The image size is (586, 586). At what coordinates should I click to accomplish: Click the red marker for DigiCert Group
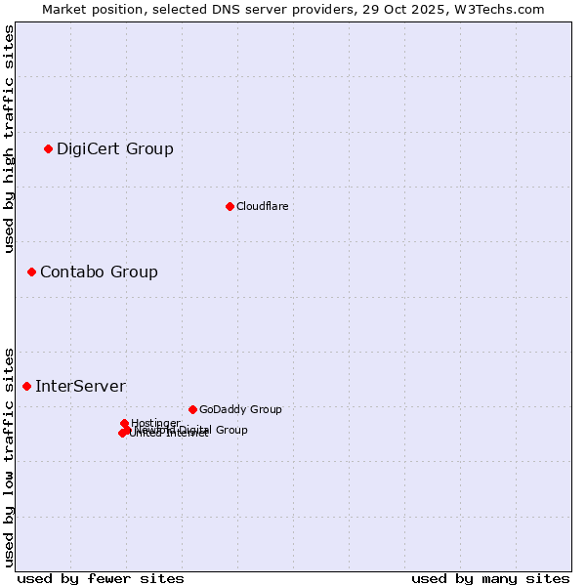point(48,148)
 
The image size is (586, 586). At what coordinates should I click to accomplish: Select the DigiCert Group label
point(114,149)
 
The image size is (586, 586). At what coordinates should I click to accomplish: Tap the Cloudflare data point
point(230,206)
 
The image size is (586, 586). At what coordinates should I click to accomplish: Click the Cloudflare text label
point(262,206)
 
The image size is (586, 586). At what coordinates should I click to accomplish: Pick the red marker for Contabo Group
point(31,272)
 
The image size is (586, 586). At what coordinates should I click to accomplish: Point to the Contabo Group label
point(99,272)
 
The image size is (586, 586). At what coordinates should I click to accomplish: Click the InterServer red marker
point(26,386)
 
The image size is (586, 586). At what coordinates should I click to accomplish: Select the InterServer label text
point(80,387)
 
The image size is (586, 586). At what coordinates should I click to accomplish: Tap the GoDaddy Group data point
point(192,409)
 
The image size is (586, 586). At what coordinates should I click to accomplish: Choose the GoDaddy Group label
point(240,410)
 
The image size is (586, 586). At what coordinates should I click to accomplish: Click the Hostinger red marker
point(124,423)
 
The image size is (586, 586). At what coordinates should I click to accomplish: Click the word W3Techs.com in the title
point(506,9)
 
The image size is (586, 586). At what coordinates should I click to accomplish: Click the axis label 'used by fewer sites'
point(101,578)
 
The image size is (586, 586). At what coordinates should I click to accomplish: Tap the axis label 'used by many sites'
point(490,578)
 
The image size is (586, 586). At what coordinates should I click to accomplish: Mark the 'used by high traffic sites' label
point(10,139)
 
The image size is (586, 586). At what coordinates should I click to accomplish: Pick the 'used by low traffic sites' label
point(10,456)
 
